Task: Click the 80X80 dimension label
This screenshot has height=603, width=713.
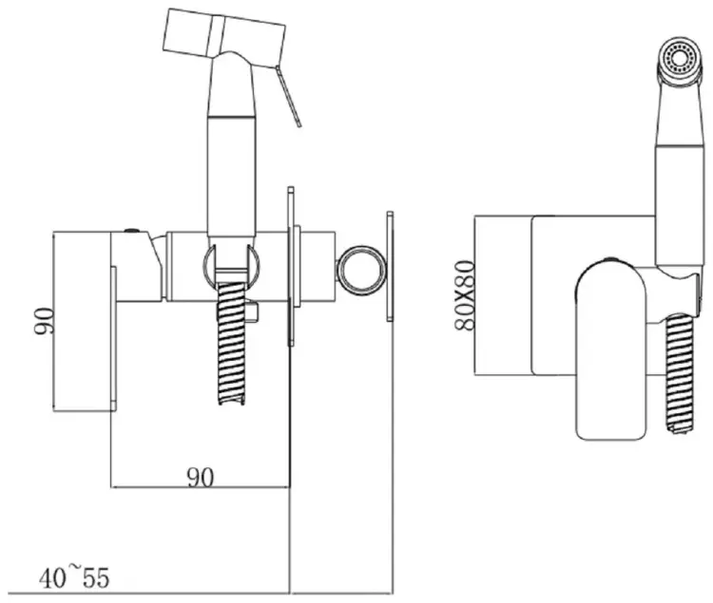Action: coord(465,295)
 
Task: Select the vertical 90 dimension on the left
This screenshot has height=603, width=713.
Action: coord(44,321)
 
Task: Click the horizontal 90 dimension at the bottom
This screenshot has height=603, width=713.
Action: coord(200,478)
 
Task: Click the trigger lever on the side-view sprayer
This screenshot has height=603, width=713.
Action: coord(288,95)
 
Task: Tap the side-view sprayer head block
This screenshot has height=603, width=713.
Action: coord(223,35)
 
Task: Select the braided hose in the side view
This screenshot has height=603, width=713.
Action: coord(232,343)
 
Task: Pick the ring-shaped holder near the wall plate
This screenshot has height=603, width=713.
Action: coord(361,271)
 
